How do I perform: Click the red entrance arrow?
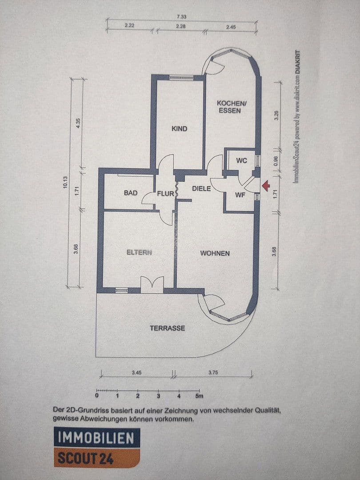265,186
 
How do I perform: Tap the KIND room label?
180,129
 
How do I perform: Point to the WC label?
242,160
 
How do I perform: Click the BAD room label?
130,193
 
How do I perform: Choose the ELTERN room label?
139,252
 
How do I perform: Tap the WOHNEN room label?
215,253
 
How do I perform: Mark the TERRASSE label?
167,328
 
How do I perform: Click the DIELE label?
201,188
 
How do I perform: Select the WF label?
240,195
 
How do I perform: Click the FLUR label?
165,194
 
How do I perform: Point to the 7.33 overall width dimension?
181,16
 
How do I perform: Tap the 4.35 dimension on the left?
78,123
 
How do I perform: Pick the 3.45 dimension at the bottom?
136,372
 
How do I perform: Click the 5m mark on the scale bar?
199,395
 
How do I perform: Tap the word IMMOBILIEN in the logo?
96,438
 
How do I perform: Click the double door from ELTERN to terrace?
152,285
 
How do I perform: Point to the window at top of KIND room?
181,78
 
